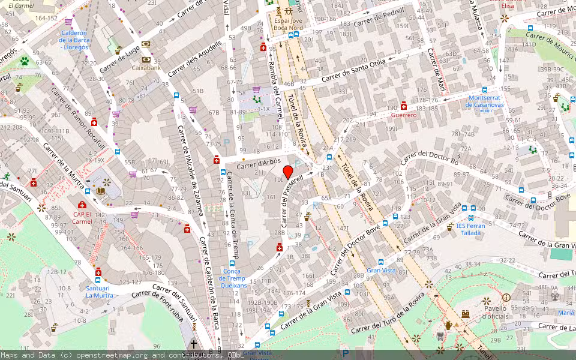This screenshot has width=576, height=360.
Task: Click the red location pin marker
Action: click(x=288, y=172)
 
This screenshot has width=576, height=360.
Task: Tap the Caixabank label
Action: click(x=146, y=68)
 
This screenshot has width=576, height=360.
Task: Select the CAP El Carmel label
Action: click(x=83, y=217)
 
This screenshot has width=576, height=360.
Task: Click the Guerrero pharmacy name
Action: click(x=403, y=115)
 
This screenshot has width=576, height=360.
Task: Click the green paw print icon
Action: click(x=24, y=61)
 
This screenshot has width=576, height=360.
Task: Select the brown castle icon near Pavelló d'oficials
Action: click(x=465, y=314)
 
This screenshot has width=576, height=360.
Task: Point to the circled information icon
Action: click(x=506, y=298)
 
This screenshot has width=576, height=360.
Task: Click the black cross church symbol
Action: click(x=193, y=344)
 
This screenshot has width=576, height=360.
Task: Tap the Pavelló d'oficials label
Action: click(x=496, y=312)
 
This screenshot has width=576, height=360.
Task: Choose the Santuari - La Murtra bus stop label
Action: click(x=99, y=291)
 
